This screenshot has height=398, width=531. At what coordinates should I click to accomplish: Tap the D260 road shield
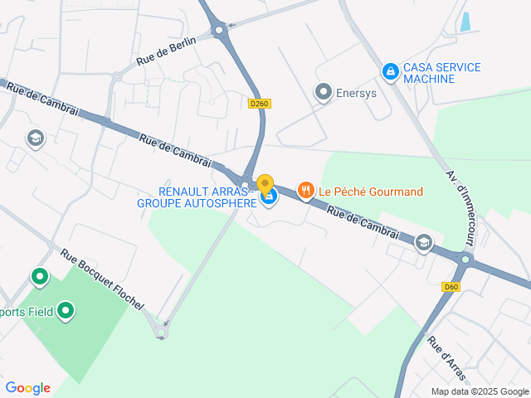tap(260, 104)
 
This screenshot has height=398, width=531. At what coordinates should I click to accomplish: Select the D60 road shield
tap(451, 287)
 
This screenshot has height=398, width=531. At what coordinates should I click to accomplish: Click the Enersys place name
tap(356, 93)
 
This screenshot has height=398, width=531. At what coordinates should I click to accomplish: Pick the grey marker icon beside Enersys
tap(324, 92)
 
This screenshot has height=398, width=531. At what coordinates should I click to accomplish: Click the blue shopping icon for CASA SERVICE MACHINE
tap(389, 72)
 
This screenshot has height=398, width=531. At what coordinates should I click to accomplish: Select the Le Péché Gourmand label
tap(372, 192)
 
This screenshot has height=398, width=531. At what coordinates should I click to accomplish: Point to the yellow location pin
tap(265, 185)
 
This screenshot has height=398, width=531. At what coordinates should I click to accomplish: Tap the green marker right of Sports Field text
tap(66, 312)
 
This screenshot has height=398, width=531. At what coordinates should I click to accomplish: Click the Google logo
tap(27, 387)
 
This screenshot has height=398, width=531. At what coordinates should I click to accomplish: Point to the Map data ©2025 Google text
tap(479, 391)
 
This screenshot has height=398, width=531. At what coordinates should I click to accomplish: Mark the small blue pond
tap(465, 22)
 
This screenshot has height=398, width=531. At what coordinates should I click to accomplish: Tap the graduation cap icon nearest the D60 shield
tap(424, 242)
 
